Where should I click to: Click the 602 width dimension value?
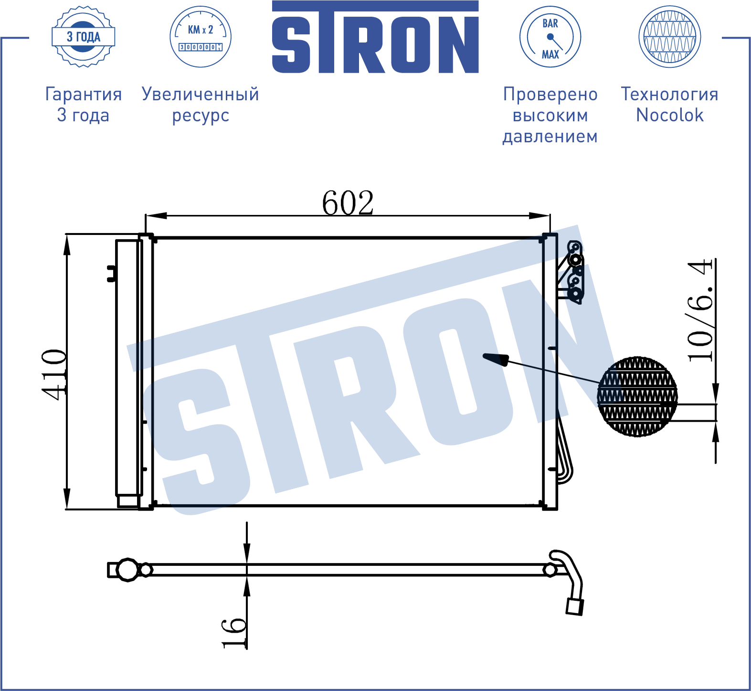[348, 203]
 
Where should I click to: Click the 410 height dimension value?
[53, 374]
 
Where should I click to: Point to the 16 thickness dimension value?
[234, 633]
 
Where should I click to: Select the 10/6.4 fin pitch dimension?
[700, 310]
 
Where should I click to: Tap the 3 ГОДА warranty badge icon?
[84, 37]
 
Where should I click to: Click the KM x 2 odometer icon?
[201, 37]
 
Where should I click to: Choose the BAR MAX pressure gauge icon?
[550, 37]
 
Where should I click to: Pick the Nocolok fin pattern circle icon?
[670, 37]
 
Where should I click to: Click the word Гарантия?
[84, 94]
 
